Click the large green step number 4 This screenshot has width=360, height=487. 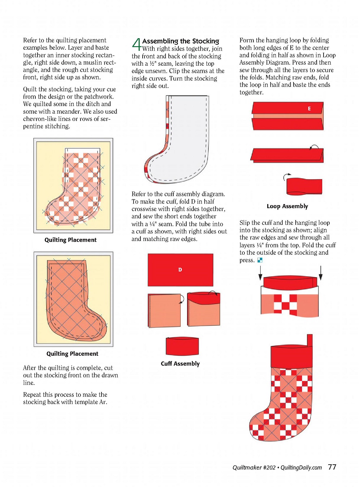136,45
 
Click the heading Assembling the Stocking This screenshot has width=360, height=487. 181,41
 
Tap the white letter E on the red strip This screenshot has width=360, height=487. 309,109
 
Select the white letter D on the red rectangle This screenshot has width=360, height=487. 180,269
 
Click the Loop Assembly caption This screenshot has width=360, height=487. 287,206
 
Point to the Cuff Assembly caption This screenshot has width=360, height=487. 180,364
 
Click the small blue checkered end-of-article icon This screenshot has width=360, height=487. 260,260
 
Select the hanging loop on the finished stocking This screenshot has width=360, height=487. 309,340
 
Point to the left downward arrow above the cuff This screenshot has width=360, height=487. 260,273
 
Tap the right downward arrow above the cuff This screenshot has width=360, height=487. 321,273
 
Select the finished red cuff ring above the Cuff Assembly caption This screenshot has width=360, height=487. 182,346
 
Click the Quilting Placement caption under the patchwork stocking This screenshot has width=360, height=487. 70,240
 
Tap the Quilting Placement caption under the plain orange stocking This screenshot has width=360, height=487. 72,354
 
